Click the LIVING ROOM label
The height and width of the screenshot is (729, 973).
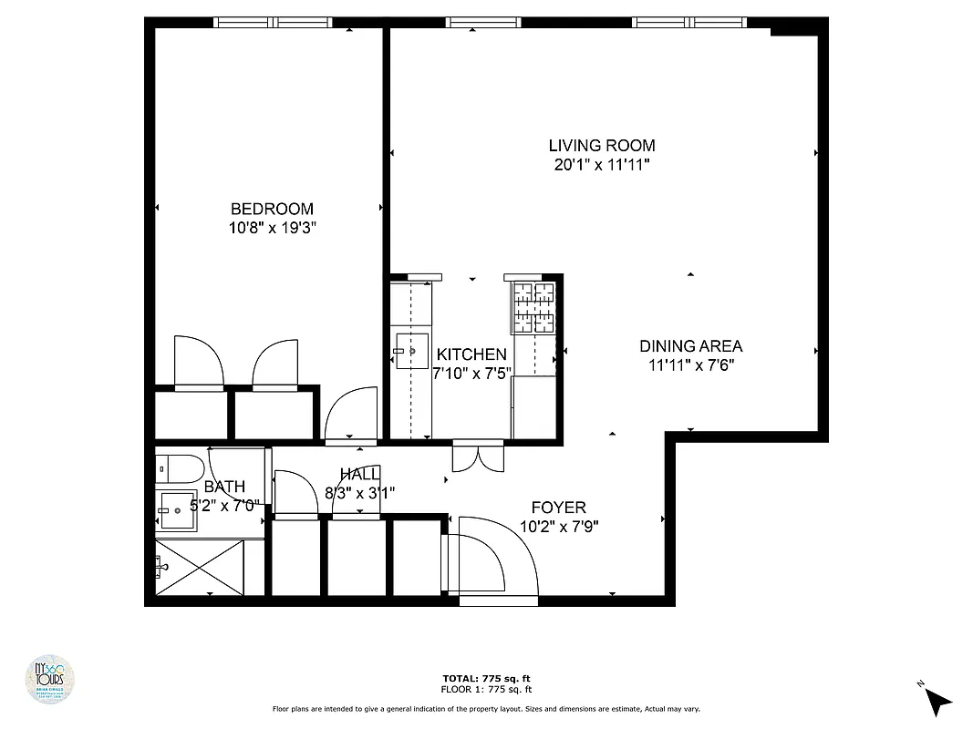[x=601, y=145]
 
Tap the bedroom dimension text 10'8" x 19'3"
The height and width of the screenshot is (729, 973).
[x=272, y=227]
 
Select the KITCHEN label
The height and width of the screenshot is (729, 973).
[x=471, y=354]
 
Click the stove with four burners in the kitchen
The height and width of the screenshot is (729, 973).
[x=533, y=307]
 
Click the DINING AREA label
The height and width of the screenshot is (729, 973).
[x=690, y=346]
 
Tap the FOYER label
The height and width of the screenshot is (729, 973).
[x=559, y=508]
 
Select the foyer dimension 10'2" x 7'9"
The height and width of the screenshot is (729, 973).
[x=559, y=526]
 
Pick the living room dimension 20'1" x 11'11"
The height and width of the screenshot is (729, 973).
[x=601, y=165]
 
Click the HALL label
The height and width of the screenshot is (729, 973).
[x=359, y=474]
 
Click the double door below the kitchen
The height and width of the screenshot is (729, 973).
[x=477, y=457]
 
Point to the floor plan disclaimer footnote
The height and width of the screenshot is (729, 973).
[x=486, y=708]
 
